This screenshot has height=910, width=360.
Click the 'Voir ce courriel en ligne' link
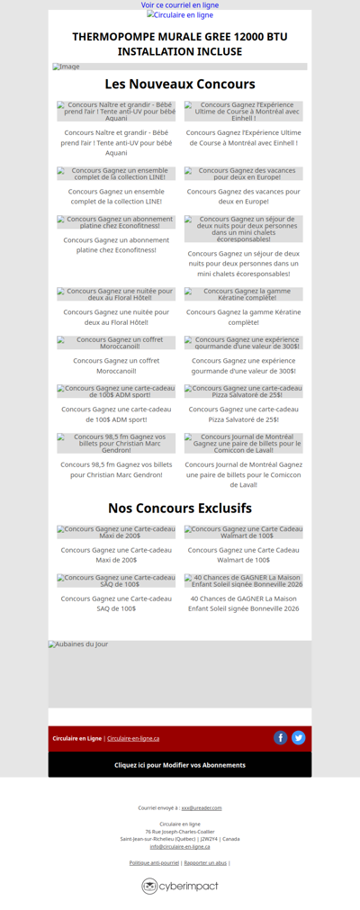pyautogui.click(x=180, y=5)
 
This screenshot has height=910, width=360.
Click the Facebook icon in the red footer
pyautogui.click(x=281, y=738)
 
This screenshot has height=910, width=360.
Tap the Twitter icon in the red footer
pyautogui.click(x=299, y=738)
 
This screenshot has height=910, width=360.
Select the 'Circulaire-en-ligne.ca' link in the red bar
pyautogui.click(x=133, y=739)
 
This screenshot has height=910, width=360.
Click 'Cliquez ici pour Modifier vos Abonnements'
pyautogui.click(x=180, y=765)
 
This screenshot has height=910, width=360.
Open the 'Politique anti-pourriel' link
pyautogui.click(x=154, y=862)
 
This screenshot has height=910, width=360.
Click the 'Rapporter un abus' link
pyautogui.click(x=205, y=862)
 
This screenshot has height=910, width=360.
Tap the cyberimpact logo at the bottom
pyautogui.click(x=180, y=887)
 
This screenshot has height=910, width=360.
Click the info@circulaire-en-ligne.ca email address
pyautogui.click(x=180, y=846)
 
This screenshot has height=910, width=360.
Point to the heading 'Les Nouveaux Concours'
pyautogui.click(x=180, y=85)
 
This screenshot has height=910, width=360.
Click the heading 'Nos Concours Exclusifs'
pyautogui.click(x=180, y=509)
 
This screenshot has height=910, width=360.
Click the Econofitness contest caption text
pyautogui.click(x=116, y=245)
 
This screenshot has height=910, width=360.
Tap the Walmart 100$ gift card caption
pyautogui.click(x=243, y=554)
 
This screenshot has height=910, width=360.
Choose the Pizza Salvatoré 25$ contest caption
pyautogui.click(x=243, y=414)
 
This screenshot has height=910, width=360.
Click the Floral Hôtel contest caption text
pyautogui.click(x=116, y=317)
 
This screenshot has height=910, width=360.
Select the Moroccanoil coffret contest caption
pyautogui.click(x=116, y=365)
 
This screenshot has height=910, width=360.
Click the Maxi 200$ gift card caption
pyautogui.click(x=116, y=554)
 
